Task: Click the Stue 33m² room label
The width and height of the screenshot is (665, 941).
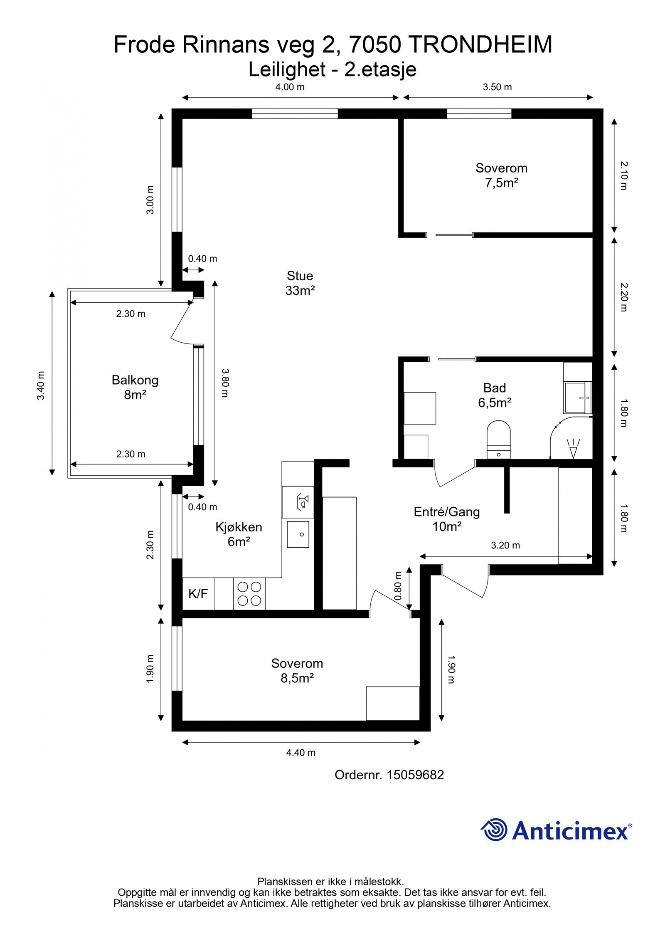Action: (x=300, y=283)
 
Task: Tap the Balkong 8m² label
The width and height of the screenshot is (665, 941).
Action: (x=135, y=387)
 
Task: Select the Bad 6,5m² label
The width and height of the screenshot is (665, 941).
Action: (x=494, y=395)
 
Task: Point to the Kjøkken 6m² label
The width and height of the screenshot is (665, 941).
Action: (x=239, y=534)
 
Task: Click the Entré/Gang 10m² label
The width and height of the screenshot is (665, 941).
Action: (x=446, y=519)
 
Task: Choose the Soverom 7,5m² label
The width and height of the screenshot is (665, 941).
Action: (x=501, y=175)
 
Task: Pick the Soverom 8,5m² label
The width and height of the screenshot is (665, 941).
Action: (x=297, y=670)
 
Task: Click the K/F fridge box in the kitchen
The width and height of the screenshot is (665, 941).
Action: (x=198, y=594)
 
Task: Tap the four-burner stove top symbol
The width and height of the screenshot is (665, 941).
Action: (x=249, y=594)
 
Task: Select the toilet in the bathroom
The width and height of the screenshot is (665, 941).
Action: (x=498, y=439)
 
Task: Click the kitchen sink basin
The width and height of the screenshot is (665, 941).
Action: (x=298, y=534)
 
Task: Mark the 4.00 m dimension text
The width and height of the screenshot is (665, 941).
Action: (x=290, y=87)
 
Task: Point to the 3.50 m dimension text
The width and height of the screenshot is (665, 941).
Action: (x=497, y=87)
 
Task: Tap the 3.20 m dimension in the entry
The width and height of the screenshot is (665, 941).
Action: (x=505, y=545)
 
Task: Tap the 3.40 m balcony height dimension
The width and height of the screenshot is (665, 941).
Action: (x=41, y=385)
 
